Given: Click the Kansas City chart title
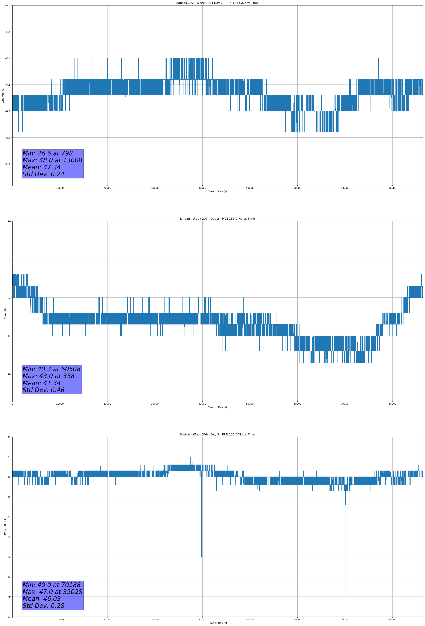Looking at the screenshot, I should (x=217, y=3).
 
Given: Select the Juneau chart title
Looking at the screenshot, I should (x=217, y=219).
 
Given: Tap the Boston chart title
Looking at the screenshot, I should (x=217, y=435).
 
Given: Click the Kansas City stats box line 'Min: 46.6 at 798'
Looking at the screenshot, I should (x=47, y=153).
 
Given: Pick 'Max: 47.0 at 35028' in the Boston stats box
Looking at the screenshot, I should (x=52, y=592).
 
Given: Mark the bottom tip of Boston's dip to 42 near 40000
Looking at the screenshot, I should (x=202, y=556).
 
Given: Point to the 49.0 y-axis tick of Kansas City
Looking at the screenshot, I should (x=8, y=5).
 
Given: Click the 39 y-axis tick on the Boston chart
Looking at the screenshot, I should (x=9, y=617).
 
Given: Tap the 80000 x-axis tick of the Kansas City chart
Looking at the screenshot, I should (x=392, y=188).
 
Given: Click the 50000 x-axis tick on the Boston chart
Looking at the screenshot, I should (x=250, y=619).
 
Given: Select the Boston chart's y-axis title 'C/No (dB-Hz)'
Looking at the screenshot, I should (x=5, y=527).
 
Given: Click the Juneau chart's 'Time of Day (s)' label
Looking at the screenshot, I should (x=217, y=407).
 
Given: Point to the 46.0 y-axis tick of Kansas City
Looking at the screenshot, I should (x=8, y=164).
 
